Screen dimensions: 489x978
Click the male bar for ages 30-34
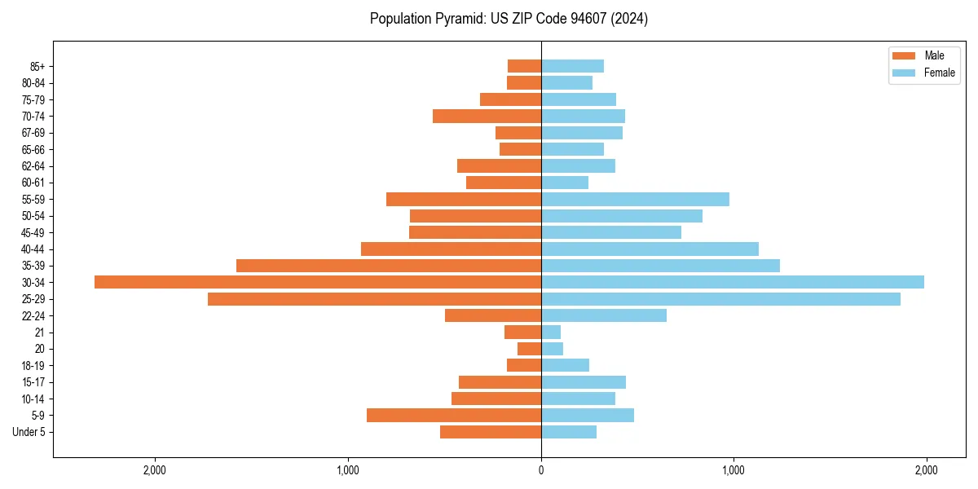[x=318, y=282]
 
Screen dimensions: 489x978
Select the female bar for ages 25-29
[x=720, y=299]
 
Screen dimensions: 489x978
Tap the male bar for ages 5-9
[x=454, y=415]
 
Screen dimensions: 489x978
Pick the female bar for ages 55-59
[x=635, y=200]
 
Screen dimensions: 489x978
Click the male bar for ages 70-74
[x=487, y=117]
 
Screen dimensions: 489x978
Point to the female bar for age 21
[x=551, y=333]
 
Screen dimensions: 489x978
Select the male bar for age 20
[x=529, y=349]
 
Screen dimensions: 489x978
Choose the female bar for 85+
[x=572, y=66]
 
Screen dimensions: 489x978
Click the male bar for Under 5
[x=491, y=432]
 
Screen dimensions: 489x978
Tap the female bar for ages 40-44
[x=650, y=249]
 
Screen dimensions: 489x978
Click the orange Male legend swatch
[x=904, y=55]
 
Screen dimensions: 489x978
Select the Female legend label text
[x=939, y=73]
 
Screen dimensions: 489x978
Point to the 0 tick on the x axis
[x=541, y=470]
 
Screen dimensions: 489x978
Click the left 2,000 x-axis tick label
[x=155, y=470]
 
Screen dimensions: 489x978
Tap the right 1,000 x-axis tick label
[x=733, y=470]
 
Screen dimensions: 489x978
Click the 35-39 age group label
[x=33, y=266]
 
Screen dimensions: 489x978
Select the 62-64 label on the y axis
[x=33, y=166]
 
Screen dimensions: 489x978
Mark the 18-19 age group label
[x=33, y=366]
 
